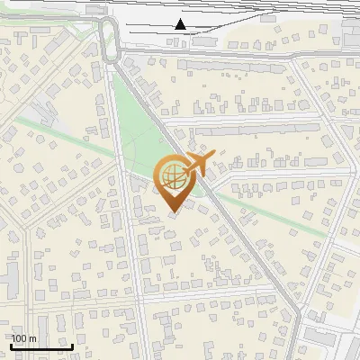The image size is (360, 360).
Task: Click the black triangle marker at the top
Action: tap(181, 24)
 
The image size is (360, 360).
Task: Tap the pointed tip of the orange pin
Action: tap(175, 212)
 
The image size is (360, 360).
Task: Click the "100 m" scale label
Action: tap(23, 338)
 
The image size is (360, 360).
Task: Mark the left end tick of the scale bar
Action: tap(12, 346)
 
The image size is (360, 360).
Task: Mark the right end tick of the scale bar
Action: tap(73, 346)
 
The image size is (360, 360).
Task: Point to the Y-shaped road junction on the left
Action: tap(38, 225)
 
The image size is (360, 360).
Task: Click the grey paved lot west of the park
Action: tap(36, 112)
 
